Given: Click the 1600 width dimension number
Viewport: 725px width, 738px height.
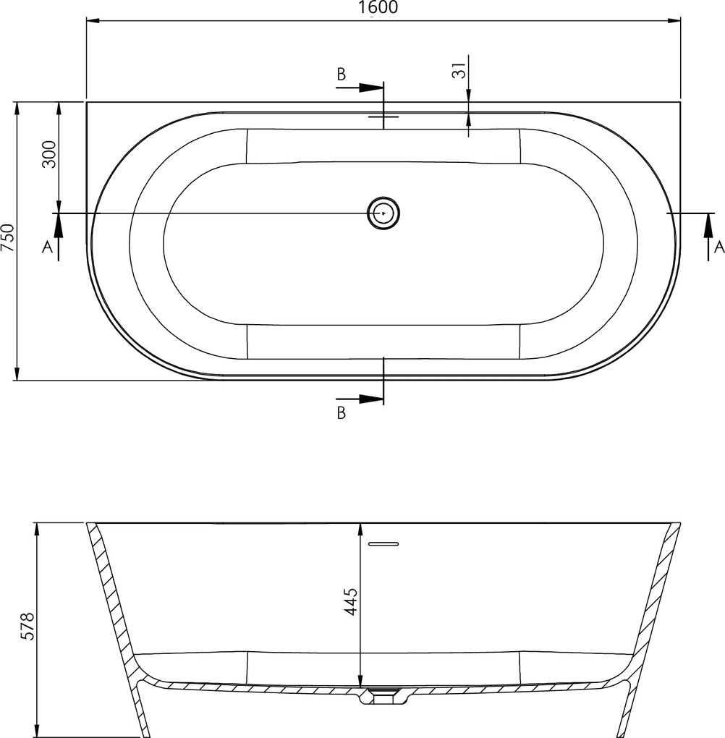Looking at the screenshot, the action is point(378,7).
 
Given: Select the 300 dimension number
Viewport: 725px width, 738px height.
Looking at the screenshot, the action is point(49,154).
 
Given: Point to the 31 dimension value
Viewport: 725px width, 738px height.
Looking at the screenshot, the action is point(459,70).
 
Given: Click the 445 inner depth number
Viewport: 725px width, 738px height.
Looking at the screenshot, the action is point(351,601).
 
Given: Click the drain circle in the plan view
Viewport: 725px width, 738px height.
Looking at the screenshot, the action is point(383,213).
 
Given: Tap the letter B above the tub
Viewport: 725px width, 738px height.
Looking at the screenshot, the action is point(342,75).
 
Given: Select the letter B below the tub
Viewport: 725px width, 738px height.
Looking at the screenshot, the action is point(342,412).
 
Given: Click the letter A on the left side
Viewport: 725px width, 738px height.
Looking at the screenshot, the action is point(47,246).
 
